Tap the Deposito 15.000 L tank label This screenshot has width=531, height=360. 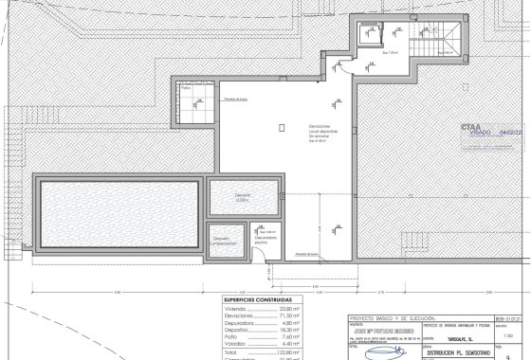coord(244,198)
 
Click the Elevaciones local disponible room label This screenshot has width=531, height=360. coord(319,133)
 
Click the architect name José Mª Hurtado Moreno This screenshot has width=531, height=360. coord(379,328)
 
